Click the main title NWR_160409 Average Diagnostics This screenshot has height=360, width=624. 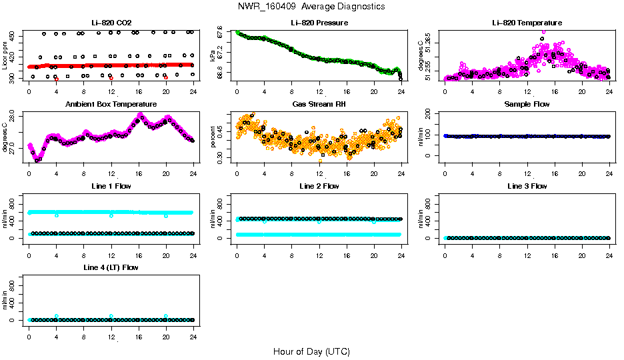[311, 7]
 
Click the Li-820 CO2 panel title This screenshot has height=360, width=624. [111, 23]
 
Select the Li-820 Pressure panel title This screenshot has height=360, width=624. [319, 23]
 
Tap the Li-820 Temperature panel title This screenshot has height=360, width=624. [527, 23]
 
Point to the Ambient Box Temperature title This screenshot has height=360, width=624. [111, 105]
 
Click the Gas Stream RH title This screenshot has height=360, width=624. [319, 105]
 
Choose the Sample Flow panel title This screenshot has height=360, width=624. [527, 105]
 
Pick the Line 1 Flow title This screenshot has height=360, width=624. [111, 186]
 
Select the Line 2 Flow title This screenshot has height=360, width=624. [319, 186]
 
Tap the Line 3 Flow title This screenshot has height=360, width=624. [527, 186]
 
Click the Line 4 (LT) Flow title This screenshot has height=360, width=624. [111, 267]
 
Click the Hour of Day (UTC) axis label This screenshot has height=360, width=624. [311, 351]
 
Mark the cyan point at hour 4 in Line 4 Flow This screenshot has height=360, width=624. [57, 316]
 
